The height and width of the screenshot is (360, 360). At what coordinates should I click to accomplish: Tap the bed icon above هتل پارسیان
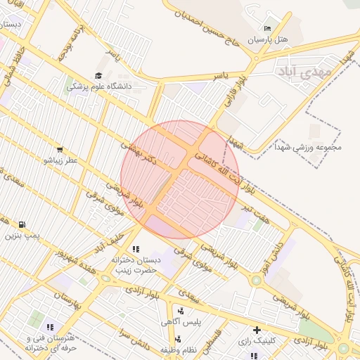266,29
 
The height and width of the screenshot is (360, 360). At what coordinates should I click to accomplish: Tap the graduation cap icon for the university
98,75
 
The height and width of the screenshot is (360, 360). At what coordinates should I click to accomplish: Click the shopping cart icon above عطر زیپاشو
60,149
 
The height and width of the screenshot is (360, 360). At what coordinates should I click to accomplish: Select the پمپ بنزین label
20,235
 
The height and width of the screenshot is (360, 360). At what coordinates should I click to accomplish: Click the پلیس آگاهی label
181,321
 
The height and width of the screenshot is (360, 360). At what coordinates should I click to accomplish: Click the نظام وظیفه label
176,349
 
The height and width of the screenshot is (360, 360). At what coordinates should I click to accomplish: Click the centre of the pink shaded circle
180,179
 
